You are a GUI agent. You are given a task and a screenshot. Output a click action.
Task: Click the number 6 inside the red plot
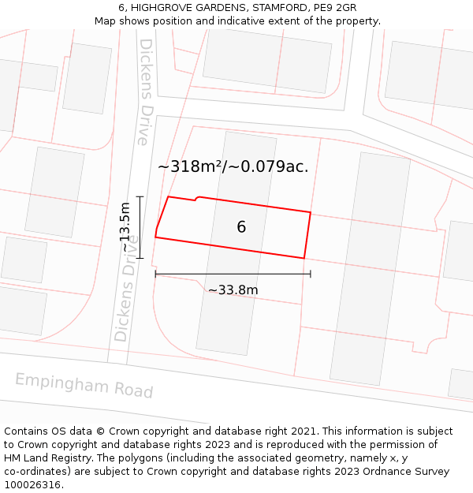tap(241, 227)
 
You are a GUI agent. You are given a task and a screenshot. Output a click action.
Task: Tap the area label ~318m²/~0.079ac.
tap(233, 166)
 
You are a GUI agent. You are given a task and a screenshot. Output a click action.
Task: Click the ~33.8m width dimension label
tap(233, 289)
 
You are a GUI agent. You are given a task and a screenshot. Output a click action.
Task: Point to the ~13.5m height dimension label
tap(125, 227)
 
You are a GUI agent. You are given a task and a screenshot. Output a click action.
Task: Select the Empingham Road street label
tap(84, 386)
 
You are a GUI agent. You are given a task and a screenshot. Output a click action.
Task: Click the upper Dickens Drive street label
tap(144, 92)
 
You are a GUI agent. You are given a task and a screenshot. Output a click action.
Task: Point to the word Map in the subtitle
tap(106, 21)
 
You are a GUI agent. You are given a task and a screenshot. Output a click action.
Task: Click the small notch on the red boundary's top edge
tap(196, 198)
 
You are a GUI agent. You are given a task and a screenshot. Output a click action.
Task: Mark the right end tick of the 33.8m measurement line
tap(311, 274)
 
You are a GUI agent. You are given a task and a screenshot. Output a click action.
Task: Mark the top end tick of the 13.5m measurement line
tap(140, 196)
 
